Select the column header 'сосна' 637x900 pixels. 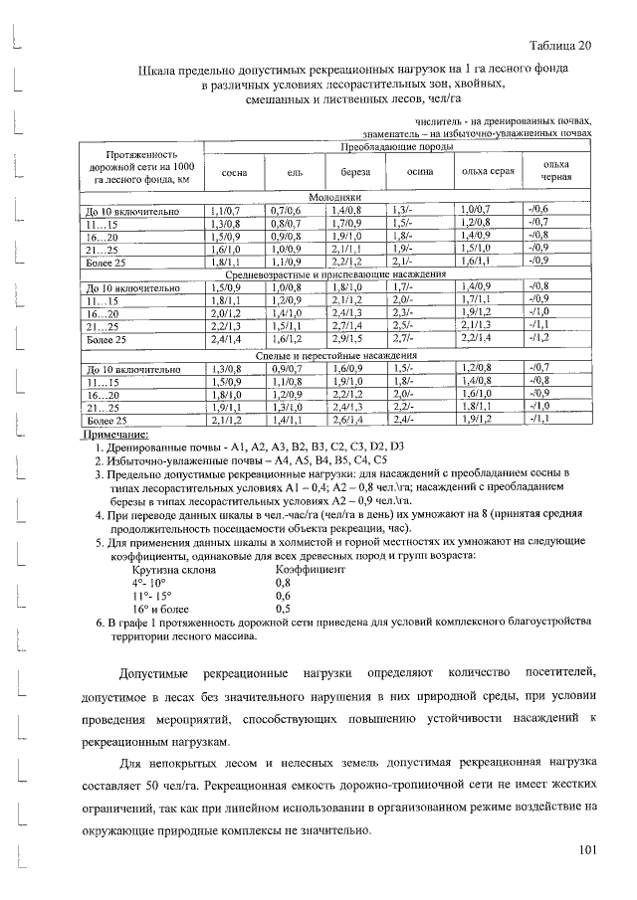(x=234, y=173)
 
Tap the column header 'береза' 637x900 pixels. (x=355, y=173)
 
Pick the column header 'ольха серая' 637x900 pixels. (x=488, y=172)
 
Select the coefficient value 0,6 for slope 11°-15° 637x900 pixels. (x=283, y=595)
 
